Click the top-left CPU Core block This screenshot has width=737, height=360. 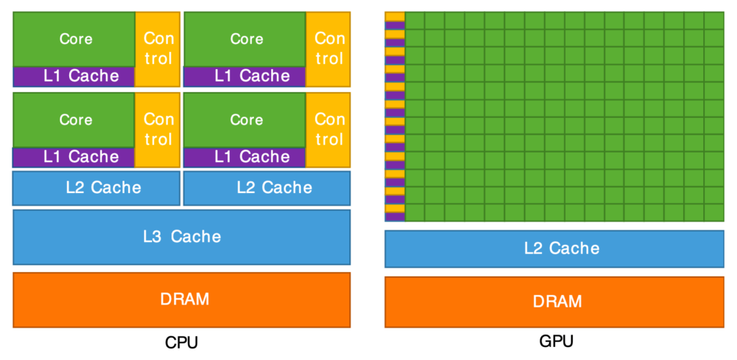click(74, 39)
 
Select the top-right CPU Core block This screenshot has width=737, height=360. click(245, 39)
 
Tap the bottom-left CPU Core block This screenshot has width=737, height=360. click(74, 120)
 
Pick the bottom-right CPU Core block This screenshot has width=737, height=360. click(245, 120)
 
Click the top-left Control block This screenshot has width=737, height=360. click(158, 48)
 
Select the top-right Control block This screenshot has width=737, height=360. click(329, 48)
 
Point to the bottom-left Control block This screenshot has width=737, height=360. click(158, 129)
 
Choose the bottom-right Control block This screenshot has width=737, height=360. click(329, 129)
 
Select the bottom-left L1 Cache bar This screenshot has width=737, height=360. click(74, 157)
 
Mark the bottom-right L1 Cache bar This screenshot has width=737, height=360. click(245, 157)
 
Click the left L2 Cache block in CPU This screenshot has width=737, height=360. click(96, 188)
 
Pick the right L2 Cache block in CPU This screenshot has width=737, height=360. click(267, 188)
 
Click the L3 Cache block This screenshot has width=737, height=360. click(181, 236)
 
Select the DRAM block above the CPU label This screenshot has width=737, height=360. click(181, 299)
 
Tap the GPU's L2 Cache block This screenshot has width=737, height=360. click(554, 248)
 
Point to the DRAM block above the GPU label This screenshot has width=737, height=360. click(554, 302)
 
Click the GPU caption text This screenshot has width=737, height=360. click(556, 341)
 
